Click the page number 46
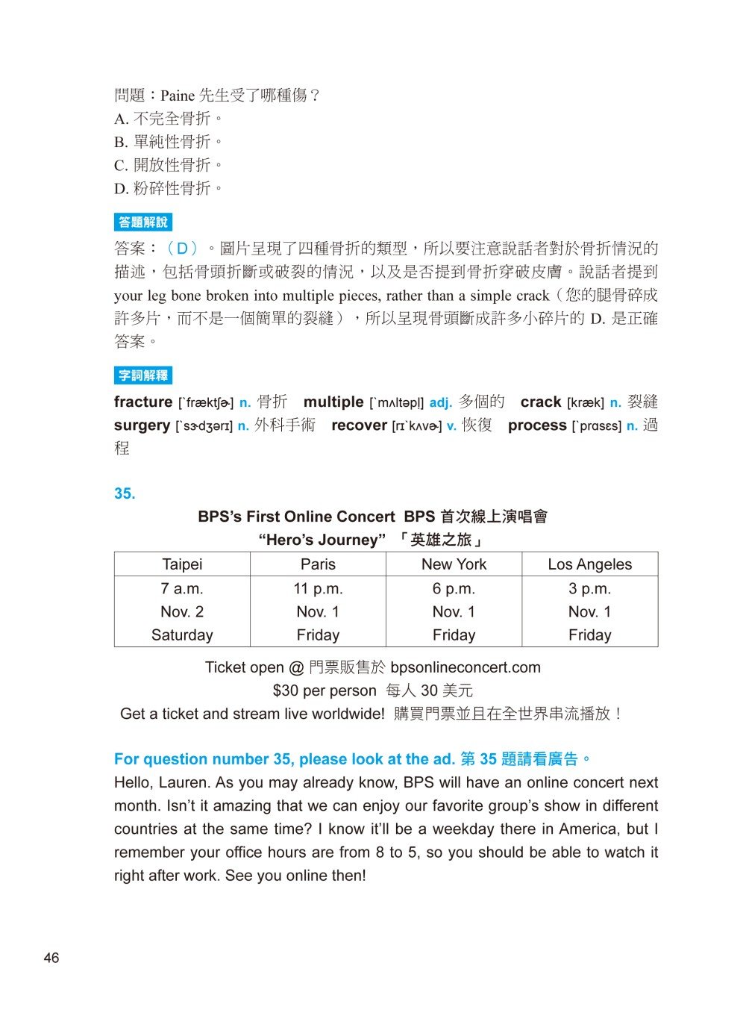click(51, 958)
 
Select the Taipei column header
click(182, 564)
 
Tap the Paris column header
click(318, 564)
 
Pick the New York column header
click(454, 564)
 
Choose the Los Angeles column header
click(589, 564)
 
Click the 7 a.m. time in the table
click(182, 588)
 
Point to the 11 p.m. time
click(318, 588)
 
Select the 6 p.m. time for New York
click(454, 588)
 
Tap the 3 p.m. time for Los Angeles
click(589, 588)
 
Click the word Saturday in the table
click(182, 635)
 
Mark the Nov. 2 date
click(182, 612)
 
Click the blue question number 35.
click(125, 493)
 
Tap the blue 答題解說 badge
click(143, 222)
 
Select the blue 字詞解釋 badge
click(143, 375)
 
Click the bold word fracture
click(143, 402)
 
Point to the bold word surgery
click(142, 425)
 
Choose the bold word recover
click(359, 425)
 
